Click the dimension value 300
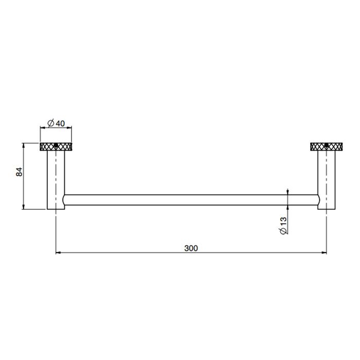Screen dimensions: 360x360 (191, 248)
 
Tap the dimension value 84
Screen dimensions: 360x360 (20, 172)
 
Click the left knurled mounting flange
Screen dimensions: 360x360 (56, 147)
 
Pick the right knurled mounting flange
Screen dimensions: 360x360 (326, 147)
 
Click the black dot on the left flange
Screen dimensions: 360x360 (56, 145)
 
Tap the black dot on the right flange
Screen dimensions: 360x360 (326, 145)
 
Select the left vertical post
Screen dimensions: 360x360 (56, 180)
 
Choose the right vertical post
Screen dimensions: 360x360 (326, 180)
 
